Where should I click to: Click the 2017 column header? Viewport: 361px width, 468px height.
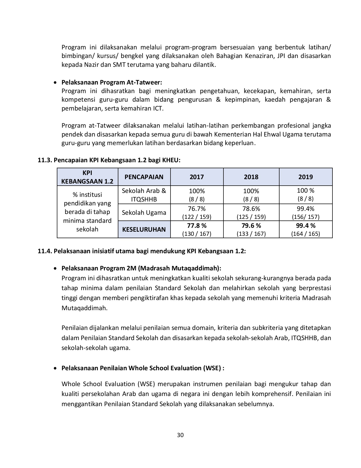coord(197,177)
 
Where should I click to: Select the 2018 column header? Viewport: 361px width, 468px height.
coord(251,177)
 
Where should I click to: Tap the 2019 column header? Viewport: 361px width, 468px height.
coord(305,177)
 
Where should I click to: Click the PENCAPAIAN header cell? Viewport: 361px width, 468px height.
coord(144,177)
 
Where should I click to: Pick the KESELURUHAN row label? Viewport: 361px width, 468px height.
coord(144,230)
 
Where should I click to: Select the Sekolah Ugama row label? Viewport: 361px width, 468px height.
coord(144,213)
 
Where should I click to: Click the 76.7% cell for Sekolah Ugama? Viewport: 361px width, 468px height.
coord(197,209)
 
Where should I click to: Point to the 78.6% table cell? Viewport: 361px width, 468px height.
coord(251,209)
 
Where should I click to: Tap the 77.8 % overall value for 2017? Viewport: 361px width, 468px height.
coord(197,225)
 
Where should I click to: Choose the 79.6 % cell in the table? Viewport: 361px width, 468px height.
coord(251,225)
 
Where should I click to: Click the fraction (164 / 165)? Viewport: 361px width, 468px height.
coord(305,234)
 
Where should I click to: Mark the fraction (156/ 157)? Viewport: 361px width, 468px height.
coord(305,217)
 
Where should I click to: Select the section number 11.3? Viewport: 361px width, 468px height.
coord(45,160)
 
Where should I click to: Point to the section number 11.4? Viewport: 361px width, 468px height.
coord(45,251)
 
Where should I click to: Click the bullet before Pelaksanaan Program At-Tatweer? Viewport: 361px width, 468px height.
coord(55,83)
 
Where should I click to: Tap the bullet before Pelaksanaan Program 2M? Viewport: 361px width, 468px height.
coord(55,268)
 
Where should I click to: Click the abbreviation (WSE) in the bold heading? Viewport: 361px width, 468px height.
coord(212,368)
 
